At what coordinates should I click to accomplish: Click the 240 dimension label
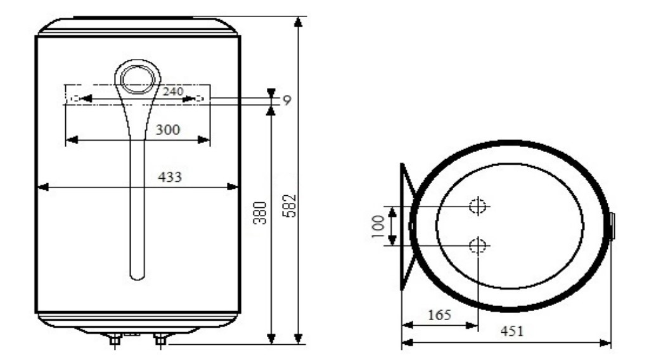(172, 91)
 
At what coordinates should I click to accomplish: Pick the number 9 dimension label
(286, 100)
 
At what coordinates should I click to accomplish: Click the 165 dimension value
(439, 315)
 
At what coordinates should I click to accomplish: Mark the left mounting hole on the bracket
(75, 99)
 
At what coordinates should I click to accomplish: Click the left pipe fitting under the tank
(115, 339)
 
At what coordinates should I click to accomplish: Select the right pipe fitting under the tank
(160, 339)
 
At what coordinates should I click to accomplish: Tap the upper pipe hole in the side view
(477, 206)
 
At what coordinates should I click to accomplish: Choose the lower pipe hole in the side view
(477, 245)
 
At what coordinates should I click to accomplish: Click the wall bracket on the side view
(406, 226)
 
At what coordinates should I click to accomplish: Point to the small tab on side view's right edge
(612, 226)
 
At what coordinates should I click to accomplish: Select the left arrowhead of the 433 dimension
(42, 186)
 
